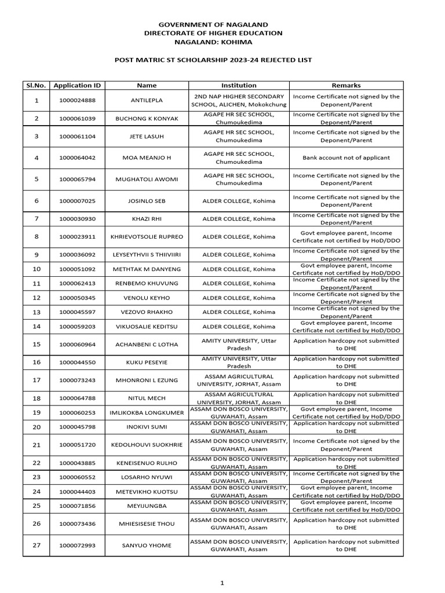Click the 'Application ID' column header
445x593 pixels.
tap(77, 85)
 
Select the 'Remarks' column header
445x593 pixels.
tap(346, 85)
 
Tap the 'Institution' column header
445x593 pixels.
tap(239, 85)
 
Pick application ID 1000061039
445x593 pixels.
tap(77, 118)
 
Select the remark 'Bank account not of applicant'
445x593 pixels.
tap(346, 158)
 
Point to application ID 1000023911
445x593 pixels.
tap(77, 237)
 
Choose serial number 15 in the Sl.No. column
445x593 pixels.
tap(37, 345)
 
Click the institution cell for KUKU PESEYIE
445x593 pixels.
tap(239, 363)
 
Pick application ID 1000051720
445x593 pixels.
tap(77, 445)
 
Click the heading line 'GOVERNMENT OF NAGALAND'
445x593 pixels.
tap(213, 24)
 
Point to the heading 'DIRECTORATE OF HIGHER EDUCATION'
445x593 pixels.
tap(213, 33)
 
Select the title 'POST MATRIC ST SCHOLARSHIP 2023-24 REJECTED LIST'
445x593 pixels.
tap(213, 60)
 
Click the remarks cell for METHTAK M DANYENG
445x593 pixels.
tap(346, 269)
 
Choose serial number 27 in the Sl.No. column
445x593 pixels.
tap(37, 546)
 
